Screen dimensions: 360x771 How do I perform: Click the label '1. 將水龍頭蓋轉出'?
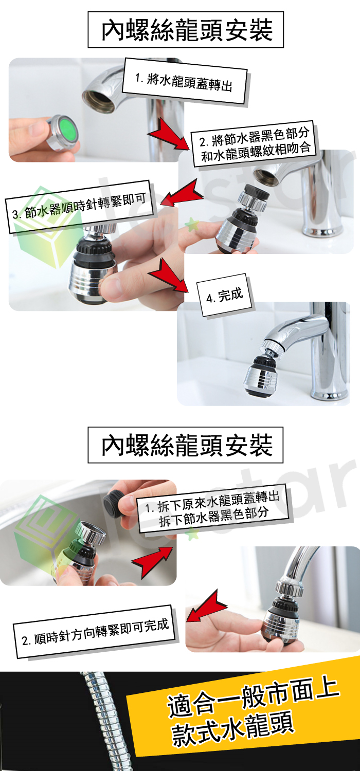click(185, 81)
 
